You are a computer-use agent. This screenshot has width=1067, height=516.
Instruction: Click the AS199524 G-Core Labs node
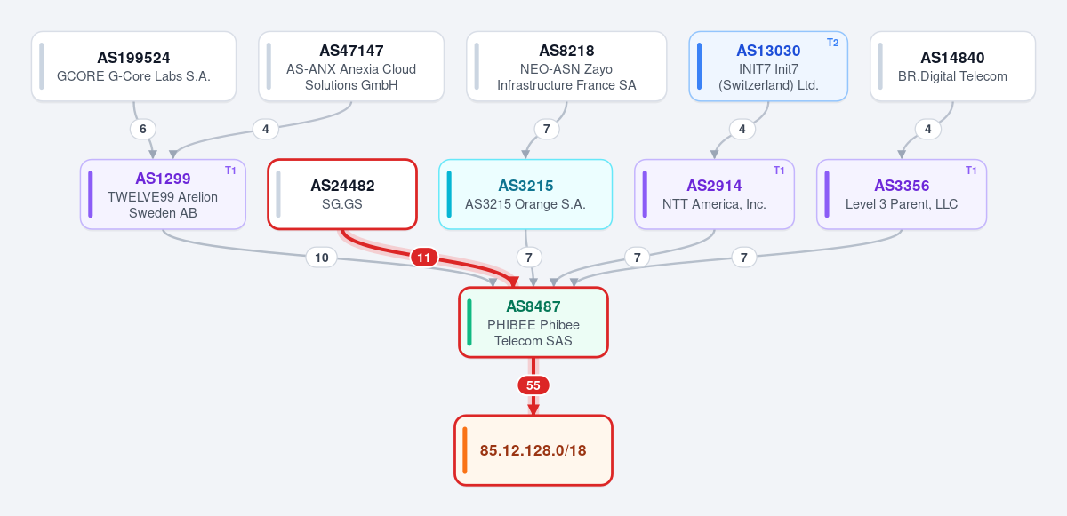tap(134, 66)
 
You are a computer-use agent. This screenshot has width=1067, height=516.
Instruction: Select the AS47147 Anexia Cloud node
tap(351, 66)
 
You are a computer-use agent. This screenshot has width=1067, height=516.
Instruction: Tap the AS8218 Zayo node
tap(566, 66)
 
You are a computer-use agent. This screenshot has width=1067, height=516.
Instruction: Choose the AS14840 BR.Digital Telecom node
tap(952, 66)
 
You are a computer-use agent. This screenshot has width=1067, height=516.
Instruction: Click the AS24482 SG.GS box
tap(342, 194)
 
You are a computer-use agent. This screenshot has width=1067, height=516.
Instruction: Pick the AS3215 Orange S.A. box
tap(525, 194)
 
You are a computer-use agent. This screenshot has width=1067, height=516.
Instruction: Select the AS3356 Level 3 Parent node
tap(902, 194)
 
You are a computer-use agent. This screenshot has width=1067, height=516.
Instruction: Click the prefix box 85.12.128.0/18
tap(533, 450)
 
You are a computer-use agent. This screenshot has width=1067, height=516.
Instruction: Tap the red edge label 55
tap(533, 385)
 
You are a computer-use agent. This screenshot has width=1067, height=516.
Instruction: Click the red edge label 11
tap(424, 258)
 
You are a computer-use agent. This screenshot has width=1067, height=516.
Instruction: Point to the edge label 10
tap(322, 258)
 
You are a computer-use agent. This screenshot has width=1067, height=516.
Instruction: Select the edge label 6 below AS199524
tap(143, 129)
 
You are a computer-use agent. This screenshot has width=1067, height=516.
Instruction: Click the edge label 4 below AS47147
tap(265, 129)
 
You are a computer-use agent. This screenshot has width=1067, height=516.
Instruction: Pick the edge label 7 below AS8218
tap(546, 129)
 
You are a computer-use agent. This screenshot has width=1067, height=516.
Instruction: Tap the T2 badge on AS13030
tap(832, 43)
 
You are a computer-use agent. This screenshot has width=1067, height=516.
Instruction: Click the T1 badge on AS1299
tap(230, 171)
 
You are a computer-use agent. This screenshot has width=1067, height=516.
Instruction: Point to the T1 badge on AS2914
tap(779, 171)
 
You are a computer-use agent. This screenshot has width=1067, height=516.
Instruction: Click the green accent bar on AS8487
tap(469, 322)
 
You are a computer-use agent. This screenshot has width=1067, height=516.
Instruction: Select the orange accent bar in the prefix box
tap(465, 450)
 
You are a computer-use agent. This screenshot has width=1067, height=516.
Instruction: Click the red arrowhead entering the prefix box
tap(533, 409)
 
